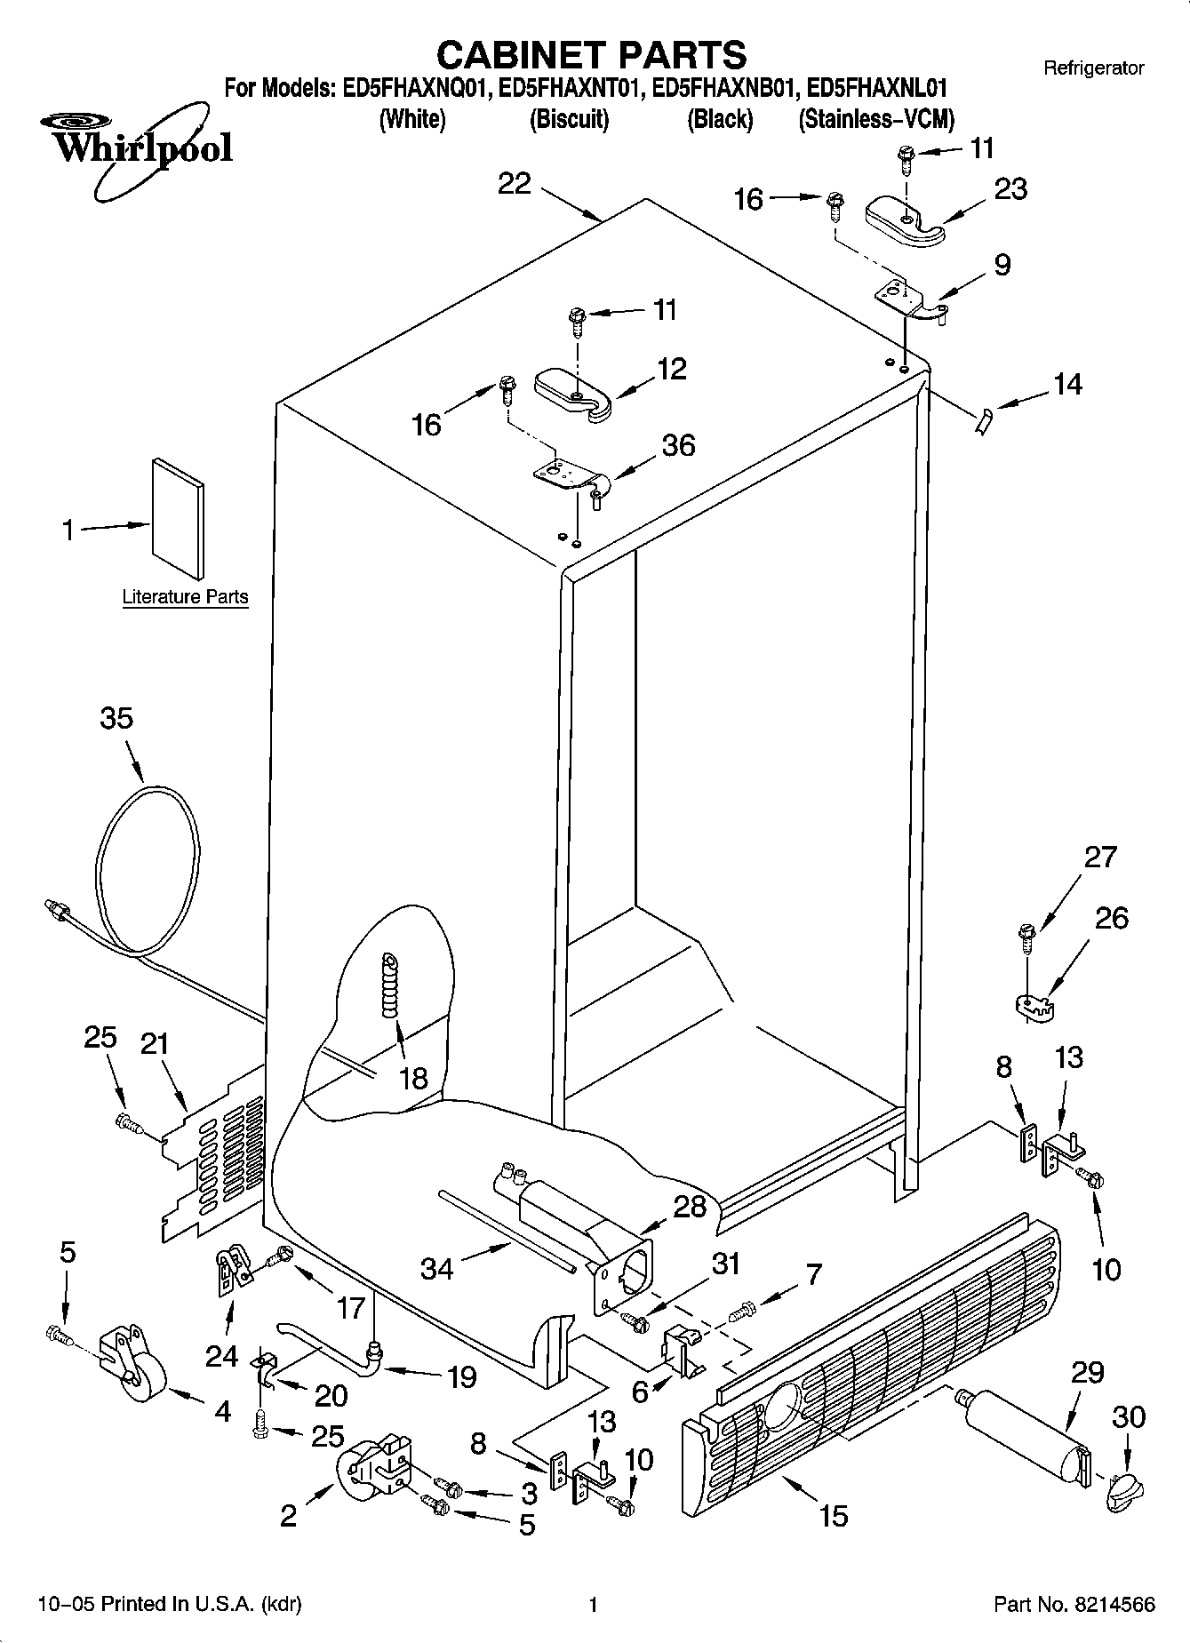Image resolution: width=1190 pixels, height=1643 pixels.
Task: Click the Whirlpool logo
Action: [138, 147]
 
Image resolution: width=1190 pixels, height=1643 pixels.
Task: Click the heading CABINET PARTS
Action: [592, 54]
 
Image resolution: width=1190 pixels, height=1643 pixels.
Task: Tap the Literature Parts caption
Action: [185, 597]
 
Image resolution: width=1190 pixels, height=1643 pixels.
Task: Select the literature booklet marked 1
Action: [178, 518]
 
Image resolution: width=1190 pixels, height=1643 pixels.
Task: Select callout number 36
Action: [678, 445]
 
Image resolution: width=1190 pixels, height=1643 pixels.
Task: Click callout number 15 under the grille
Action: [834, 1515]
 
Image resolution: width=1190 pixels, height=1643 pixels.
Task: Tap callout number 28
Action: [690, 1206]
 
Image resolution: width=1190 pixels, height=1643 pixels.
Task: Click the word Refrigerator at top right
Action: [1093, 68]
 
